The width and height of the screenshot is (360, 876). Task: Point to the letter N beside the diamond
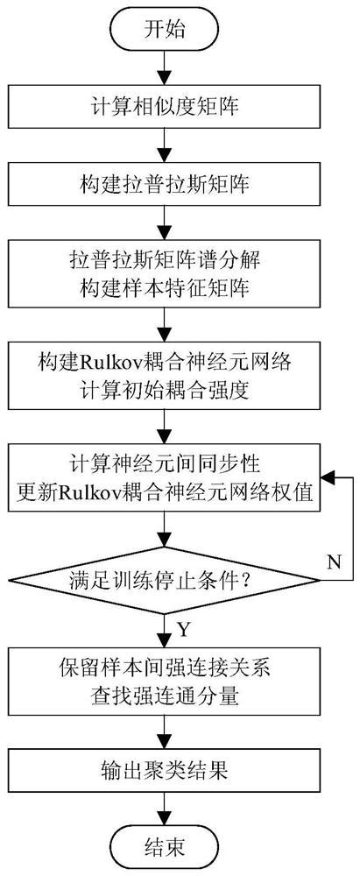pos(334,561)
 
